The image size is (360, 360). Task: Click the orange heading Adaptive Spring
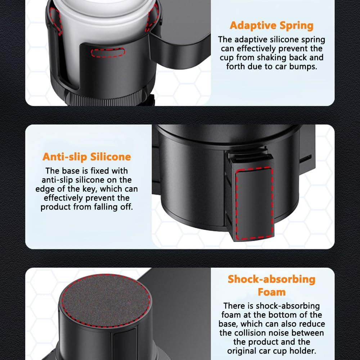tap(271, 26)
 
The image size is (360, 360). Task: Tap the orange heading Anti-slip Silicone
tap(87, 157)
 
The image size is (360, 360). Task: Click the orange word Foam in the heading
tap(272, 292)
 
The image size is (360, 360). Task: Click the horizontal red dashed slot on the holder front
tap(108, 52)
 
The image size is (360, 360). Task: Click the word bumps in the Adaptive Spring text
tap(305, 66)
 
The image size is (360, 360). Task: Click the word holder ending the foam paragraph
tap(304, 350)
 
